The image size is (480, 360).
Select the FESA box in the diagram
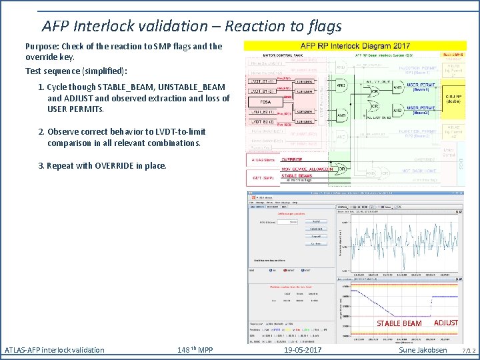pyautogui.click(x=261, y=102)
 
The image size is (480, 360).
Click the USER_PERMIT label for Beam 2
pyautogui.click(x=421, y=108)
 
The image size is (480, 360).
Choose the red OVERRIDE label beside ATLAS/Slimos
pyautogui.click(x=291, y=160)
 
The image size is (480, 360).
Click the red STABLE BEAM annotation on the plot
pyautogui.click(x=399, y=323)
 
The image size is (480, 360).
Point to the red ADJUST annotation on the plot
pyautogui.click(x=445, y=323)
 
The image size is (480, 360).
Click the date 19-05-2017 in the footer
pyautogui.click(x=303, y=350)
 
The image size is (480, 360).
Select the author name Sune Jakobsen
pyautogui.click(x=423, y=350)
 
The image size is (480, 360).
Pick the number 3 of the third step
pyautogui.click(x=41, y=165)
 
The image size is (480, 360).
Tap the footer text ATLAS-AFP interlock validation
pyautogui.click(x=55, y=350)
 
